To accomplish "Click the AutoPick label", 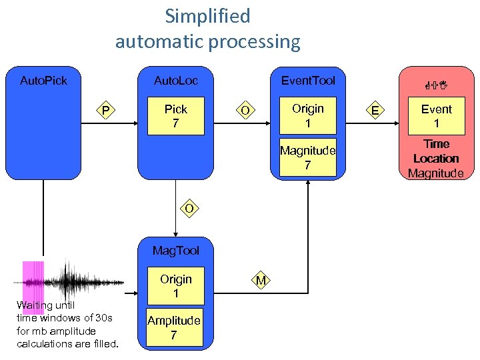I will pos(43,81).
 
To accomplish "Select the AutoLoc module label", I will pos(176,81).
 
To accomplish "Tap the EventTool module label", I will pos(308,81).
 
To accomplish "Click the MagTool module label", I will pos(176,251).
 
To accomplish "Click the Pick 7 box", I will pos(176,116).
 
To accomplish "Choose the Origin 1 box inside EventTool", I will pos(308,115).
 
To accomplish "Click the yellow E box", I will pos(376,111).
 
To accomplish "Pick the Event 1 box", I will pos(437,116).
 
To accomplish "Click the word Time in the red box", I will pos(437,144).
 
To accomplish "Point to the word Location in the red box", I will pos(436,159).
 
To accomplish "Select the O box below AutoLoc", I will pos(189,209).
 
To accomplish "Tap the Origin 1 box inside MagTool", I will pos(176,286).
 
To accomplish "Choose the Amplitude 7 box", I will pos(174,327).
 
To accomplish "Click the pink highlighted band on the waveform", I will pos(33,283).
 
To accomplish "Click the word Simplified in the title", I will pos(207,15).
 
